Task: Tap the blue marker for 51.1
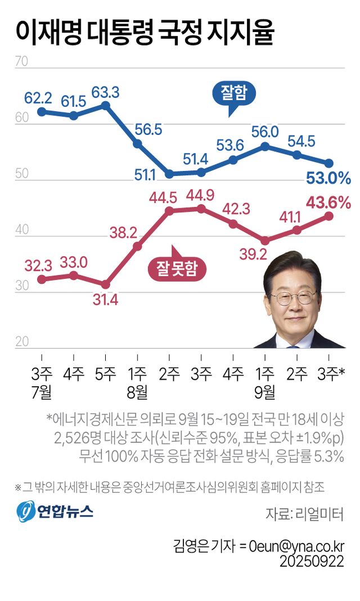[x=169, y=174]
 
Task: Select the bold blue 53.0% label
[x=328, y=179]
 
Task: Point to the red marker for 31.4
[x=105, y=284]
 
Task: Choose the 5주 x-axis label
[x=105, y=373]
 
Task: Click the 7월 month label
[x=42, y=391]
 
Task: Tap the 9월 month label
[x=265, y=391]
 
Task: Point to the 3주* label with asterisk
[x=332, y=373]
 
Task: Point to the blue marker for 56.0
[x=265, y=147]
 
